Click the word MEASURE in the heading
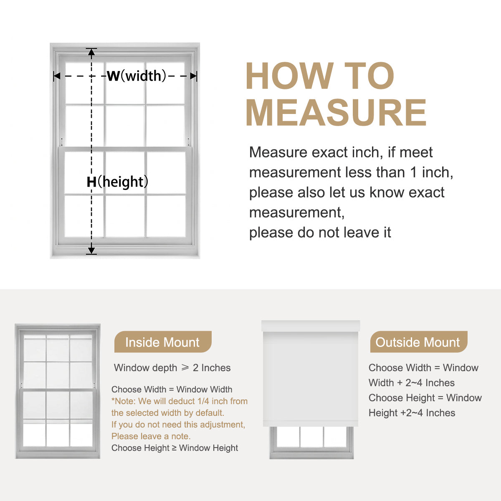(336, 113)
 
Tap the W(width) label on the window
(136, 76)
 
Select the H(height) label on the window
(117, 182)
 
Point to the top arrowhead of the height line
(91, 52)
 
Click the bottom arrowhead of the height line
(91, 250)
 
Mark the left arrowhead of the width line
(57, 76)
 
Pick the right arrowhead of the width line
(193, 76)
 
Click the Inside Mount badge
(163, 342)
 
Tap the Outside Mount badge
(419, 342)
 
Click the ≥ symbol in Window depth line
(185, 367)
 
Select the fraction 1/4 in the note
(203, 401)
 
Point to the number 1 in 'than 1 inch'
(414, 172)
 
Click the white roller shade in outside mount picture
(311, 379)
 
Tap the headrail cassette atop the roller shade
(311, 326)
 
